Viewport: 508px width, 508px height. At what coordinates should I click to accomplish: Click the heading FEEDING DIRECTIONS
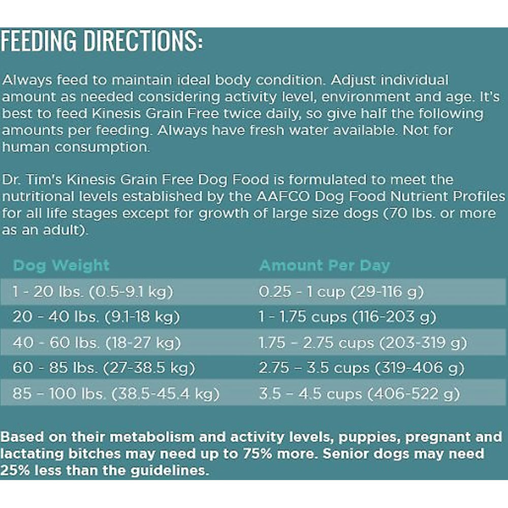(102, 42)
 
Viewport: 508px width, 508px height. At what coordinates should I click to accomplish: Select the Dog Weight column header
(61, 265)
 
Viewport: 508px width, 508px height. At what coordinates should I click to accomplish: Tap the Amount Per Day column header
(325, 265)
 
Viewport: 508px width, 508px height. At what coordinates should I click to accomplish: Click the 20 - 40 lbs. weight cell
(96, 317)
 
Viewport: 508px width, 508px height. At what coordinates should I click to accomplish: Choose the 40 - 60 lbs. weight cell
(97, 343)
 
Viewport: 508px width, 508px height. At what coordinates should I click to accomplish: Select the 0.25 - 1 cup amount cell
(341, 292)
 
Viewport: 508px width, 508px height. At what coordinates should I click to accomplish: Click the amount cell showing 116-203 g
(347, 317)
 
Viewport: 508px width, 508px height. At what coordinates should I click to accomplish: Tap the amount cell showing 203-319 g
(363, 343)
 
